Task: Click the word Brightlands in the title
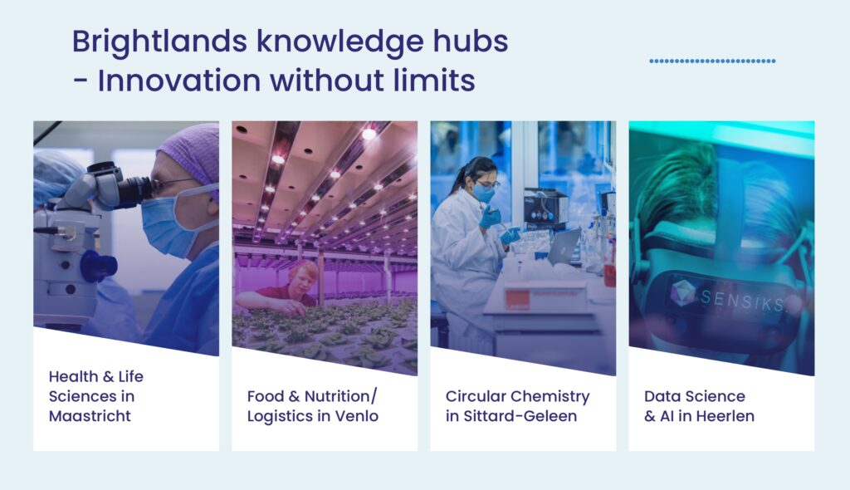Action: pyautogui.click(x=160, y=42)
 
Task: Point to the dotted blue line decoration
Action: pyautogui.click(x=712, y=61)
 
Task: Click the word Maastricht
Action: pyautogui.click(x=90, y=416)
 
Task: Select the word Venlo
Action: pyautogui.click(x=357, y=416)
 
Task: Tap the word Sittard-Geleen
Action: pyautogui.click(x=520, y=416)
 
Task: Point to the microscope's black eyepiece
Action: pyautogui.click(x=133, y=190)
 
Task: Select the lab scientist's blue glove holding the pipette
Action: pyautogui.click(x=490, y=217)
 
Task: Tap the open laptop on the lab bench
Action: pyautogui.click(x=564, y=247)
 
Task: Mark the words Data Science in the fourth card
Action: pyautogui.click(x=695, y=397)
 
